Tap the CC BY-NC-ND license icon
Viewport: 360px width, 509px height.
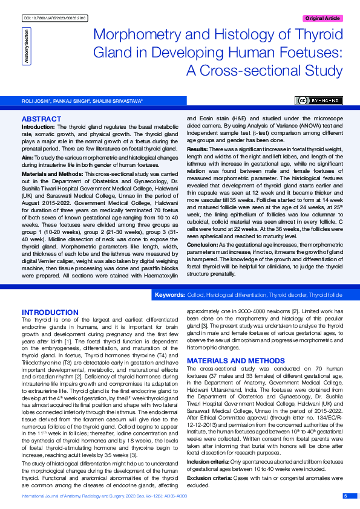point(318,100)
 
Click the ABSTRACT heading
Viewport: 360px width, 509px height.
point(41,119)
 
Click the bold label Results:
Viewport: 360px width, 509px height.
point(197,149)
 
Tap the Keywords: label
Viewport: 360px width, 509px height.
point(170,294)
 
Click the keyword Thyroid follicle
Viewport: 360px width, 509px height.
point(326,294)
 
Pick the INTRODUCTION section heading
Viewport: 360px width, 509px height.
point(50,312)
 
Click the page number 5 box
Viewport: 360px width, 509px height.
point(345,496)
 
